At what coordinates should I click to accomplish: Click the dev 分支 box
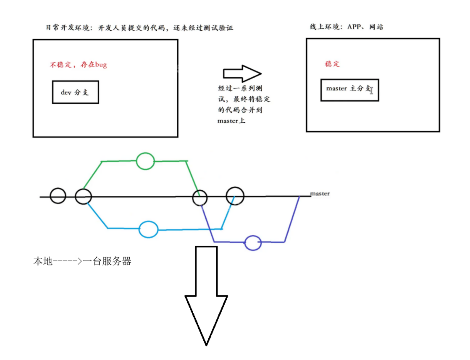pos(75,92)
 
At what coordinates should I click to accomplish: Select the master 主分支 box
pos(349,89)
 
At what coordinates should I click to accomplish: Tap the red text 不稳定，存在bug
pos(79,65)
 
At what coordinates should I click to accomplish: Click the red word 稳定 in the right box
pos(332,64)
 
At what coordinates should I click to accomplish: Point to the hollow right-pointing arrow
pos(242,74)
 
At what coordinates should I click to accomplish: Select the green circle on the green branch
pos(145,161)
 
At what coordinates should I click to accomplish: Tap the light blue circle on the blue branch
pos(148,229)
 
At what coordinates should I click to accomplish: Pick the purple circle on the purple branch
pos(253,243)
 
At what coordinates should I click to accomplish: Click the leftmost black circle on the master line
pos(58,196)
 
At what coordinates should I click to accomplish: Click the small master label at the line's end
pos(320,194)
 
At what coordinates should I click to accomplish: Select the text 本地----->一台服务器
pos(82,261)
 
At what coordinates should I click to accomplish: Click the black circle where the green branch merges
pos(200,197)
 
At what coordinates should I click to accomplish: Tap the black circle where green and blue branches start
pos(84,196)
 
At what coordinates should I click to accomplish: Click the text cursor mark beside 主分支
pos(372,90)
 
